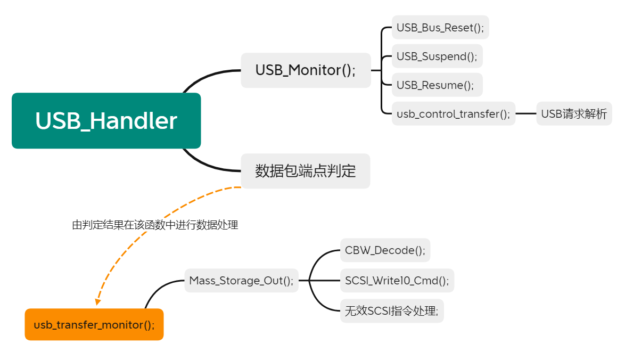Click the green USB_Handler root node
point(106,120)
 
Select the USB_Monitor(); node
point(306,70)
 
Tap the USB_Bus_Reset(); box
point(440,27)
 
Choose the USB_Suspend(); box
point(437,56)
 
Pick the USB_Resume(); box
point(435,85)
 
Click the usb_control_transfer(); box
point(453,113)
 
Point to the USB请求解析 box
point(574,113)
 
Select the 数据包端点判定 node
point(305,171)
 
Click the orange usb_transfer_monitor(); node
point(94,324)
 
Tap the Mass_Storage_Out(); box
point(241,281)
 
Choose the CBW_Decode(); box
point(385,250)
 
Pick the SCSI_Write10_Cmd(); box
point(397,281)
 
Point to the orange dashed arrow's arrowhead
point(97,302)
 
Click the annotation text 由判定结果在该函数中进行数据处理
point(155,225)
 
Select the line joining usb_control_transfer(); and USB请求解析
point(525,113)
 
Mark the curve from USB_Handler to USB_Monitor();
point(205,76)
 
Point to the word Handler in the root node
point(133,120)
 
